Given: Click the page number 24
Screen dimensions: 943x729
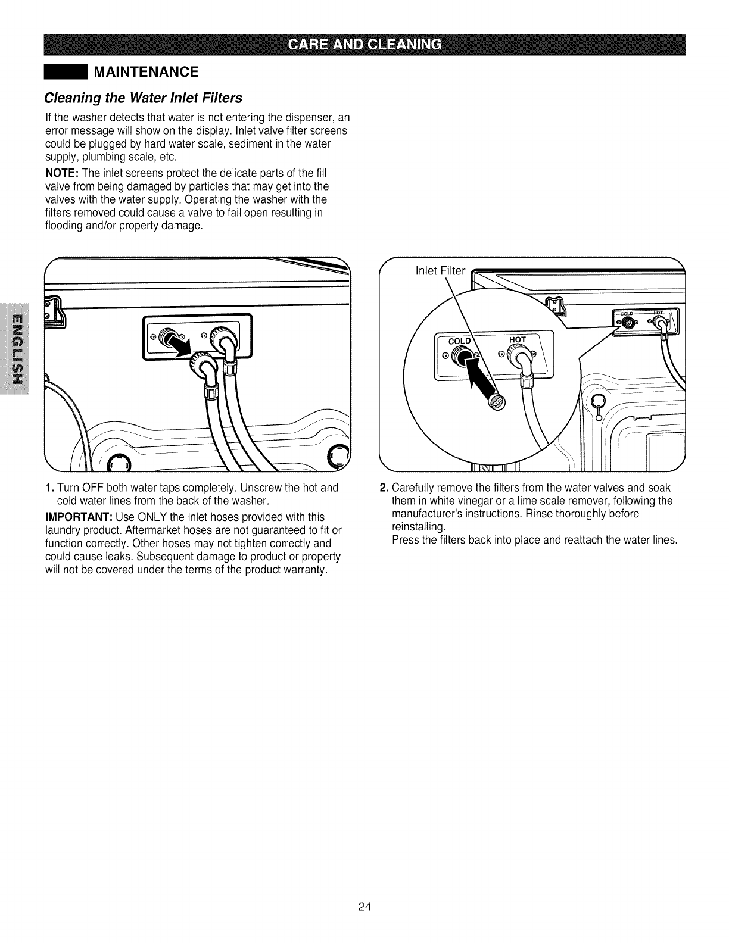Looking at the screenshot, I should point(364,907).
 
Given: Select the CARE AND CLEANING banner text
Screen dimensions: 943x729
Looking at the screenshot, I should point(364,45).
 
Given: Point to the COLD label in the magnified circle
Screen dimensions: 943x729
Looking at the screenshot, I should point(459,341).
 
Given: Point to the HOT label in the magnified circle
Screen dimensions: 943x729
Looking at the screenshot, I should point(517,339).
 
